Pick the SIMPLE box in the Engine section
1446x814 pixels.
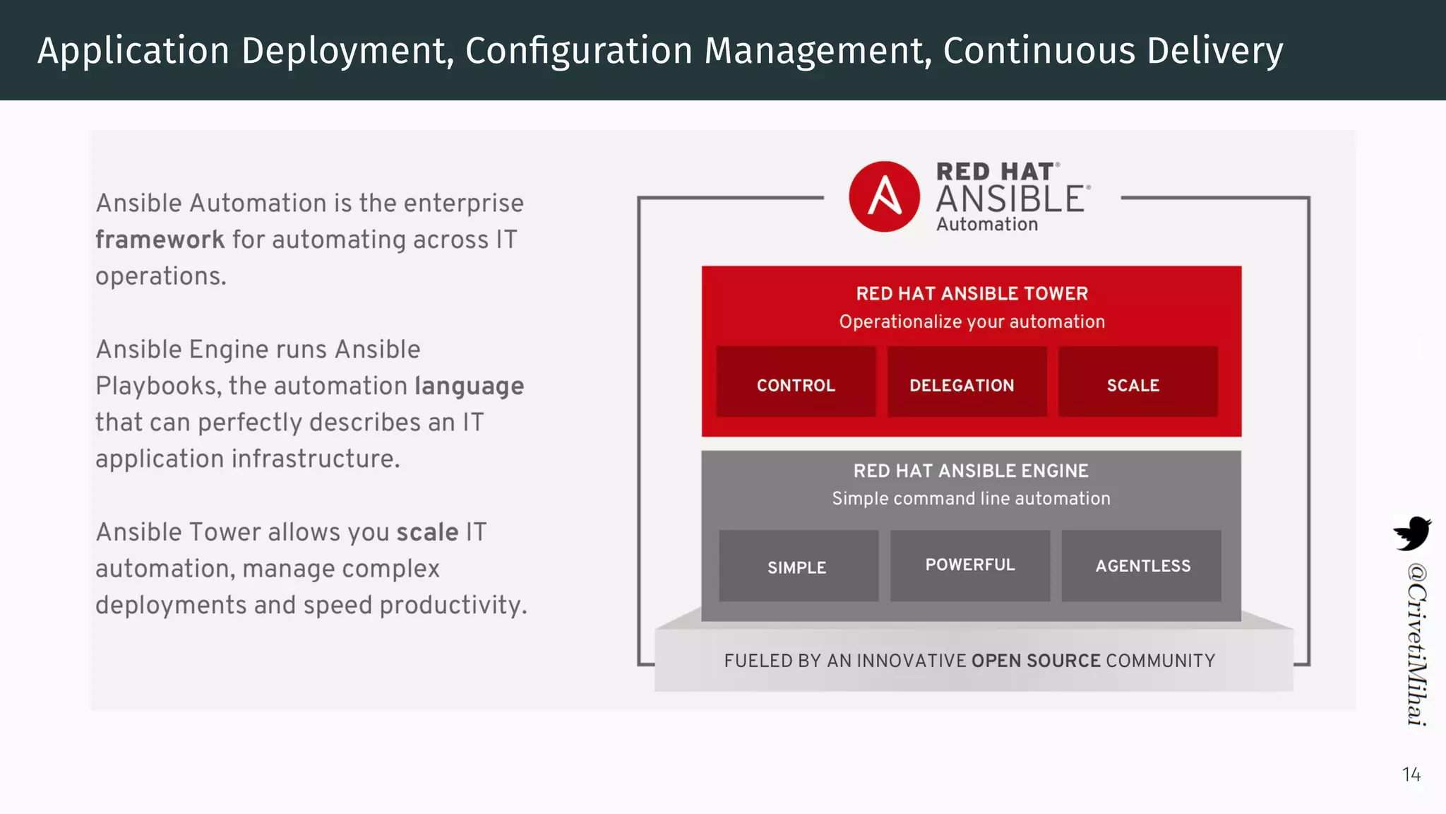click(799, 566)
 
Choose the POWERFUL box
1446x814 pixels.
click(969, 565)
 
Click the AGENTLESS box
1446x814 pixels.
click(1141, 566)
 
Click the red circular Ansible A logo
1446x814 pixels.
click(884, 196)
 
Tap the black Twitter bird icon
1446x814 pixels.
click(1411, 533)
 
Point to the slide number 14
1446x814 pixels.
click(1411, 774)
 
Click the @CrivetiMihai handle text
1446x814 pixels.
click(1416, 643)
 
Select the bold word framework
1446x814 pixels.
click(160, 240)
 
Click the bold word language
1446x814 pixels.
click(469, 386)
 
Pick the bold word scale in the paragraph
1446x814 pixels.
click(427, 532)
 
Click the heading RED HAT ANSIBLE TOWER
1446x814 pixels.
click(972, 293)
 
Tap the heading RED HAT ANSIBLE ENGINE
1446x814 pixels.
click(971, 471)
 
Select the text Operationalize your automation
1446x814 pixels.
click(972, 322)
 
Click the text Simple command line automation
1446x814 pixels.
click(971, 498)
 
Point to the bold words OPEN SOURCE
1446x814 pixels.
click(1036, 661)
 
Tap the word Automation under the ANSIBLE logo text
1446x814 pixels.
click(987, 224)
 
